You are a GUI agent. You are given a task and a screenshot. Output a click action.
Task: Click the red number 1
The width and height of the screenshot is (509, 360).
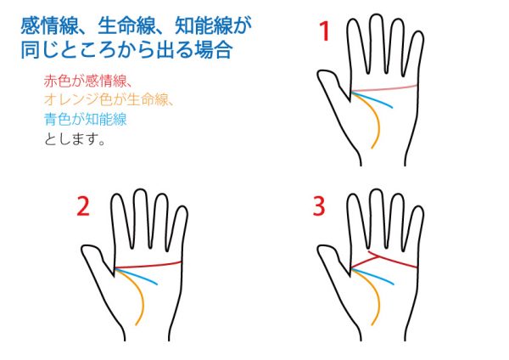coord(325,31)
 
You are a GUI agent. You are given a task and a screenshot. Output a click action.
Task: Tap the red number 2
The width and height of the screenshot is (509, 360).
coord(83,206)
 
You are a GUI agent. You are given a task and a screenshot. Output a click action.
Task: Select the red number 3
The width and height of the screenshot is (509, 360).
coord(319,206)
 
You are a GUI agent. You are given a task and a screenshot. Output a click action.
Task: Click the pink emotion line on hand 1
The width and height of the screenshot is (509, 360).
coord(384,88)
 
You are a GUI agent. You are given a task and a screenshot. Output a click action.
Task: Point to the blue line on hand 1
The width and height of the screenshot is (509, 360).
coord(372,99)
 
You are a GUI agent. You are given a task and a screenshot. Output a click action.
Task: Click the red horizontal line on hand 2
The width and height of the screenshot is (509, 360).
coord(148,265)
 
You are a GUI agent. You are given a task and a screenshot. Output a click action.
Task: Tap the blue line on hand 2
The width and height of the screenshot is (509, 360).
coord(137,276)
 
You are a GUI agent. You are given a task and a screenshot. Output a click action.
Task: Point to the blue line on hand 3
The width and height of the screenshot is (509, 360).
coord(372,276)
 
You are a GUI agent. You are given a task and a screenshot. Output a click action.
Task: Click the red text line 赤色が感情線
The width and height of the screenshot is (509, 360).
coord(87,81)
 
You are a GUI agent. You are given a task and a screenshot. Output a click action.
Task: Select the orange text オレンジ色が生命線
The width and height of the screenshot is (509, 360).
coord(108,99)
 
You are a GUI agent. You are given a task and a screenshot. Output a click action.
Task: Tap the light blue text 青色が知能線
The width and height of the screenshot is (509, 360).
coord(86,119)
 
